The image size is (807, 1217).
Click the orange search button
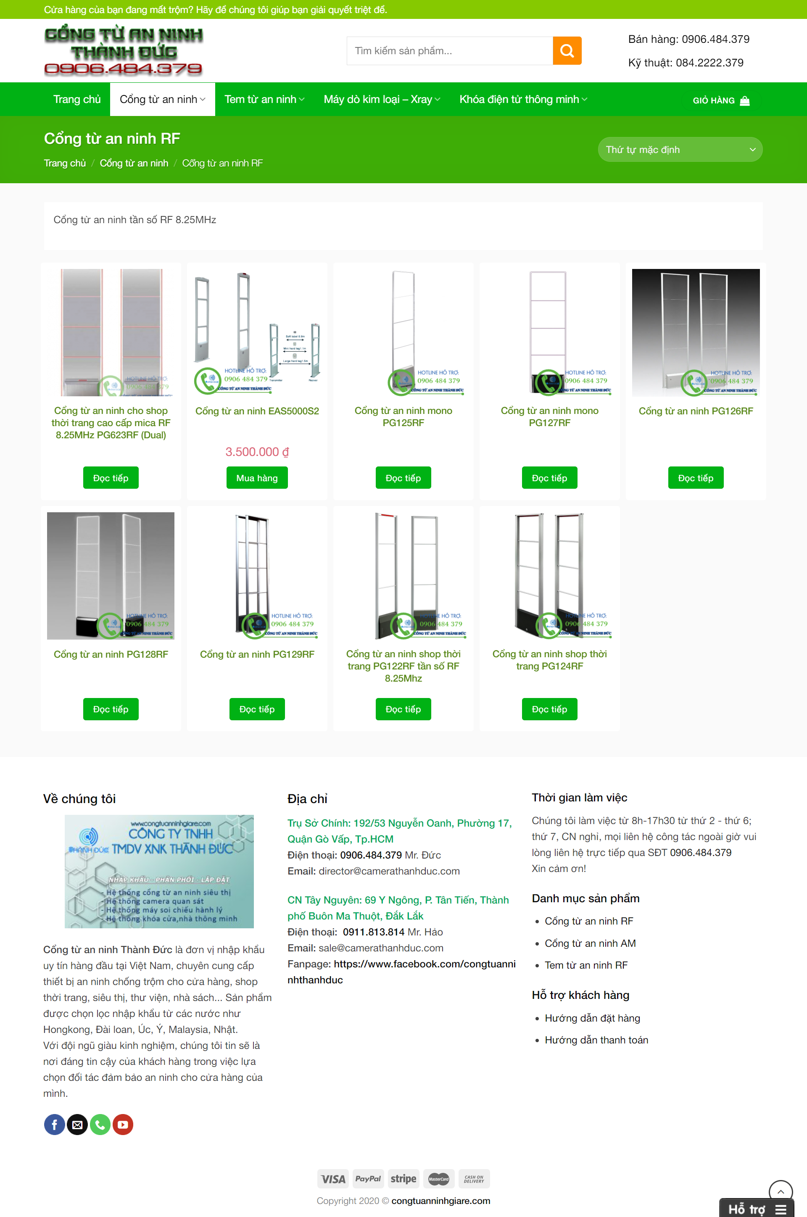pos(567,50)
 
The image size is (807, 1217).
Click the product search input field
pos(449,50)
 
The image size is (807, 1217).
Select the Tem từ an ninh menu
pos(264,99)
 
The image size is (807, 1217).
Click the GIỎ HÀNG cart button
pos(720,100)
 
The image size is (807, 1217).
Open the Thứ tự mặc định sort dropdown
pos(679,150)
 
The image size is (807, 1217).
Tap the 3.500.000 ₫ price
pos(257,452)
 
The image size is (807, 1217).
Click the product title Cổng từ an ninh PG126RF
pos(695,411)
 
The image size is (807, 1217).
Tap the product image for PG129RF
pos(257,575)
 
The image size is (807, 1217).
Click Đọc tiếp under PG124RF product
pos(549,709)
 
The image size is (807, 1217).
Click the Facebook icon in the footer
pos(55,1125)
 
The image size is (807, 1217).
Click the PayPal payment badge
pos(367,1178)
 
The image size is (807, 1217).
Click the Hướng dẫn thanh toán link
pos(596,1040)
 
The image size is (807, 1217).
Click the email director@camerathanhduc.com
pos(388,871)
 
